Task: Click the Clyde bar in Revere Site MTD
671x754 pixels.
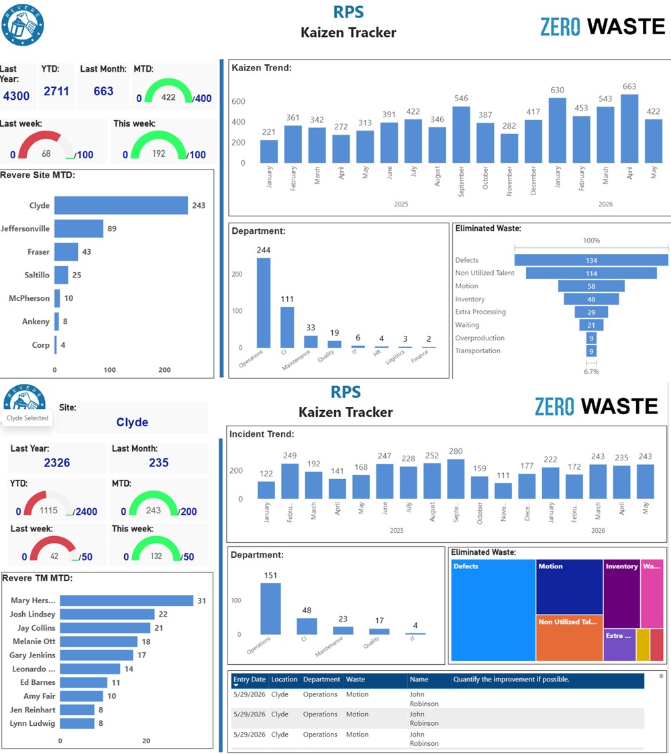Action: click(121, 205)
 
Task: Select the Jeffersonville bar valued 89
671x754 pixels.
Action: click(79, 229)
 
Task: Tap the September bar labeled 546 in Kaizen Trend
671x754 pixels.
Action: click(461, 134)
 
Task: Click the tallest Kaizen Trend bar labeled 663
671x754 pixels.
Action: click(629, 129)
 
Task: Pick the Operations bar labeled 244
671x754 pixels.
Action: click(263, 303)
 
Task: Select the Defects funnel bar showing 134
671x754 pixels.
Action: click(591, 260)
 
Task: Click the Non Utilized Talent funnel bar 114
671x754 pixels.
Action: click(591, 273)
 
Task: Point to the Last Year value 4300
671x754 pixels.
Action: click(16, 96)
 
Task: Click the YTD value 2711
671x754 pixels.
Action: click(56, 91)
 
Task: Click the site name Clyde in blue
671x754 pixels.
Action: click(132, 422)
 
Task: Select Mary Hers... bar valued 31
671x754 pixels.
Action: click(127, 601)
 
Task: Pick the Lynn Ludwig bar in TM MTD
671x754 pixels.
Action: click(77, 723)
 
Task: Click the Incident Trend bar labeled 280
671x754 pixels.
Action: click(456, 479)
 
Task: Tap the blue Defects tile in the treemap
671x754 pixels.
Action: click(493, 610)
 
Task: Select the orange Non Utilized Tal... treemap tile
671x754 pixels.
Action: click(570, 638)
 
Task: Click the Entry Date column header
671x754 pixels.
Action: click(250, 680)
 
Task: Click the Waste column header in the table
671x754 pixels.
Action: click(355, 680)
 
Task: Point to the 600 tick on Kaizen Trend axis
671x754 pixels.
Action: click(238, 101)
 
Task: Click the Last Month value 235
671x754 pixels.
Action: click(159, 462)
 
